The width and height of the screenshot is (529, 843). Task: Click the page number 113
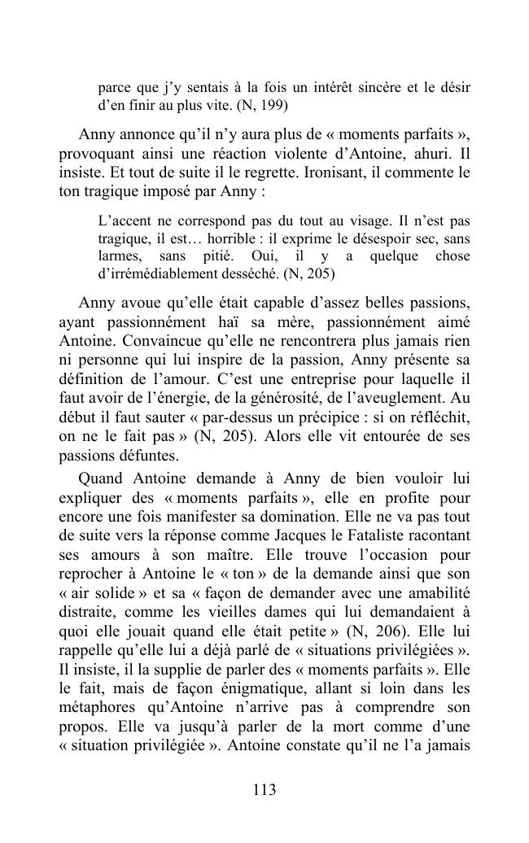coord(264,790)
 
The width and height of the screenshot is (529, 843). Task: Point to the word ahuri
coord(417,153)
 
